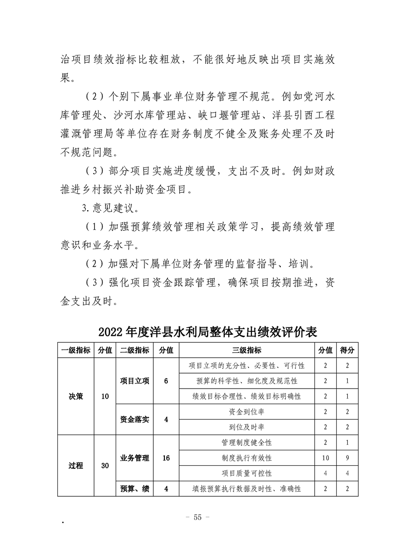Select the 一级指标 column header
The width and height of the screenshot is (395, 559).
pos(76,350)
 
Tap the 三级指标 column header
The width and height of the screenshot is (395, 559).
pos(247,350)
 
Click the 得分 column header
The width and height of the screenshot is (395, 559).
pos(347,350)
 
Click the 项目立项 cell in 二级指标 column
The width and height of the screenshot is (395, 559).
pos(134,381)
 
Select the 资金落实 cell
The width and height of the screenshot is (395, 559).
pos(134,419)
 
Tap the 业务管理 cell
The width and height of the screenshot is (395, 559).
pos(134,457)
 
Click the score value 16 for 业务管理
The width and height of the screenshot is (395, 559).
pos(166,457)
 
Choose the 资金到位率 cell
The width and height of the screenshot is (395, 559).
pos(247,412)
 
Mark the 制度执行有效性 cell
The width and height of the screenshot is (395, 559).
pos(247,458)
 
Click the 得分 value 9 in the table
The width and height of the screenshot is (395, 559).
pos(347,458)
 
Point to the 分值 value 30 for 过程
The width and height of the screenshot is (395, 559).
pos(105,466)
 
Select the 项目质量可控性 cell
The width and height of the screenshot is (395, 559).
pos(247,473)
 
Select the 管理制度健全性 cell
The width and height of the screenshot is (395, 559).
pos(247,442)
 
